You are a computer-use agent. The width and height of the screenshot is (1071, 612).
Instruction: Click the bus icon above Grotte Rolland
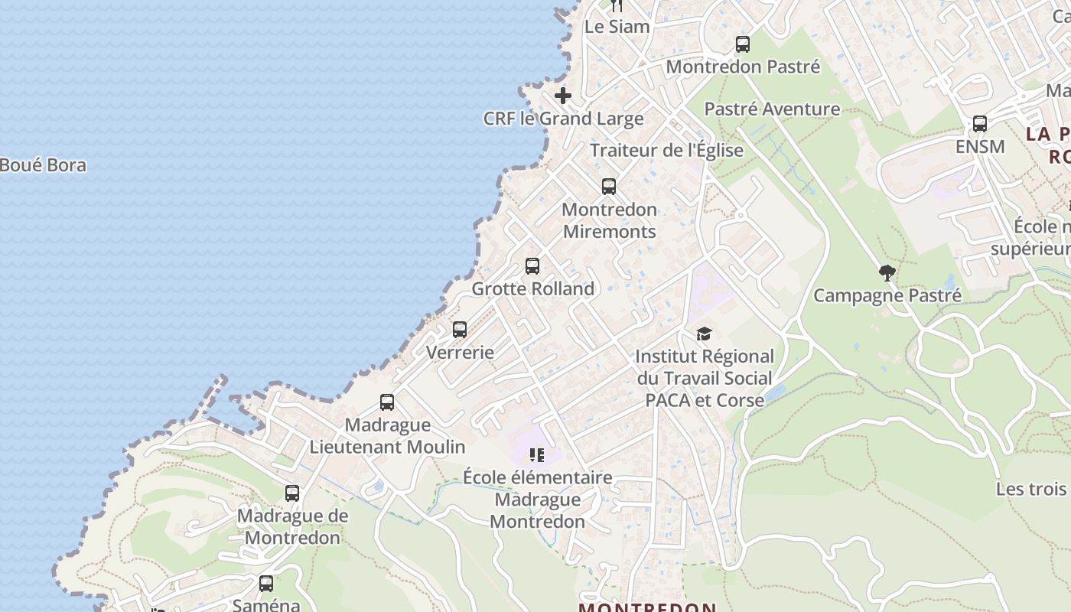(x=532, y=266)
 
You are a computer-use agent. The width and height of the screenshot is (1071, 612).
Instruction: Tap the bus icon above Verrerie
(x=460, y=330)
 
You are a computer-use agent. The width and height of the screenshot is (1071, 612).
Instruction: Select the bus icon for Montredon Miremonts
(x=609, y=187)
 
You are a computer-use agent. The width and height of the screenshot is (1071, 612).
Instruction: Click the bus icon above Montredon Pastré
(x=743, y=44)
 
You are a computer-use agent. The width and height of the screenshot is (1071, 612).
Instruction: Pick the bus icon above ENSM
(x=980, y=124)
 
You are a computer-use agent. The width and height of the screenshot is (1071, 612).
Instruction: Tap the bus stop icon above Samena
(x=266, y=584)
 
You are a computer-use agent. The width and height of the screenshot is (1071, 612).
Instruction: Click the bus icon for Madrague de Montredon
(x=292, y=493)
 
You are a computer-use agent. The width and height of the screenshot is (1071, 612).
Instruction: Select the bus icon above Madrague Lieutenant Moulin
(x=387, y=402)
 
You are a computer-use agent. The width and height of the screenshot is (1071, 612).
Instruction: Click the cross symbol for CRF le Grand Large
(x=563, y=96)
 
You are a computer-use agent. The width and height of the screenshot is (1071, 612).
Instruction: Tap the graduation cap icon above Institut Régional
(x=704, y=334)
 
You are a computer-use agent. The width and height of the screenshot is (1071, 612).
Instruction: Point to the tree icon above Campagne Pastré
(x=887, y=272)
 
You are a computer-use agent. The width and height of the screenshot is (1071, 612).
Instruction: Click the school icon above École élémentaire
(x=537, y=455)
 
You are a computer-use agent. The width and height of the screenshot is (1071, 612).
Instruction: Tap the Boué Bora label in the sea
(x=43, y=165)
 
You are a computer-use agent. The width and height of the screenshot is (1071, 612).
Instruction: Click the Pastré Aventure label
(x=772, y=109)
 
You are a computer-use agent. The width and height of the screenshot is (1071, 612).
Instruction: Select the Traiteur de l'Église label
(x=666, y=150)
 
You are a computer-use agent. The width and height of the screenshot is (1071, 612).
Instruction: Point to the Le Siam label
(x=617, y=27)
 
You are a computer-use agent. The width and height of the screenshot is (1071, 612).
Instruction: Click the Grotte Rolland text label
(x=532, y=289)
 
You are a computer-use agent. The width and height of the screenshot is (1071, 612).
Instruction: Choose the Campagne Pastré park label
(x=887, y=295)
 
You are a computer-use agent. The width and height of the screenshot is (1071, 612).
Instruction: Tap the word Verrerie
(x=460, y=353)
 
